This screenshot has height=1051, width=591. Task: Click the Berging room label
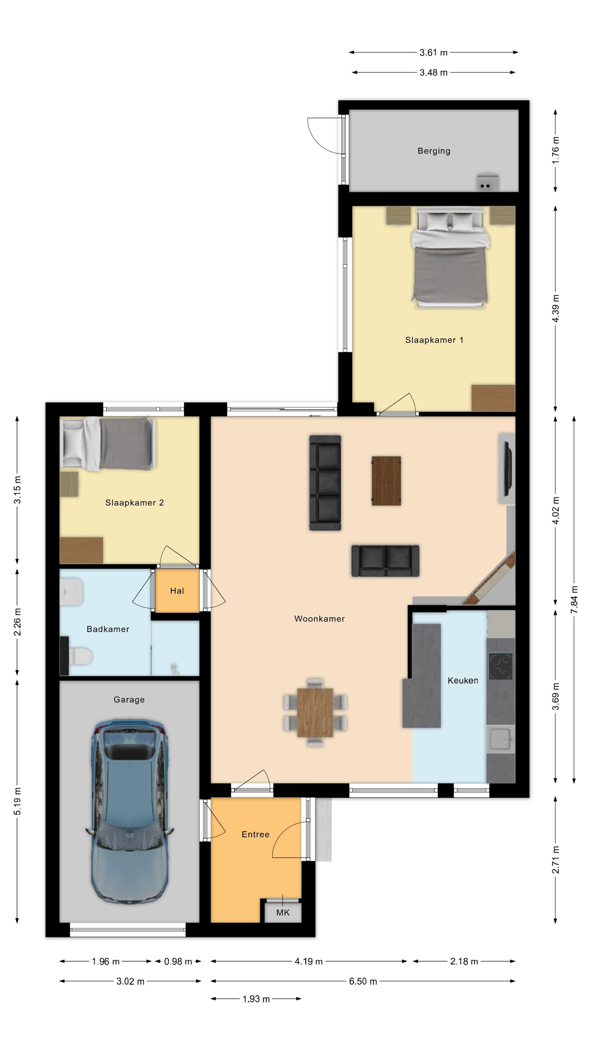434,151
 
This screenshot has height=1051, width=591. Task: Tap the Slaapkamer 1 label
434,340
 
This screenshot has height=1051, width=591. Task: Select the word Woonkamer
319,619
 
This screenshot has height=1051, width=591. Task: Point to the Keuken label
463,680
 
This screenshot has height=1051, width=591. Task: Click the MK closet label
283,912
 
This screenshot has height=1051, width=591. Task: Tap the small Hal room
177,590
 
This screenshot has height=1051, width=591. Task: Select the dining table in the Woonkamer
315,712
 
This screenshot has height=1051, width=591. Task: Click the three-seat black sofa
325,483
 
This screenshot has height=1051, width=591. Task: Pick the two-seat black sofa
385,561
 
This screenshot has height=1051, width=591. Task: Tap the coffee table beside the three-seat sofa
386,481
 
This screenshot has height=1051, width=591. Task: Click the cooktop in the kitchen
501,666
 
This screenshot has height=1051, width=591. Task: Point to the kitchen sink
501,739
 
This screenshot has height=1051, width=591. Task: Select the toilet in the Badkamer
79,656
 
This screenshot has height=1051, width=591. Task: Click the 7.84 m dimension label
574,599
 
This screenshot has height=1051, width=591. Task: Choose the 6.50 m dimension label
363,981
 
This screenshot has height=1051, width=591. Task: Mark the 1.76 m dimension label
555,150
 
